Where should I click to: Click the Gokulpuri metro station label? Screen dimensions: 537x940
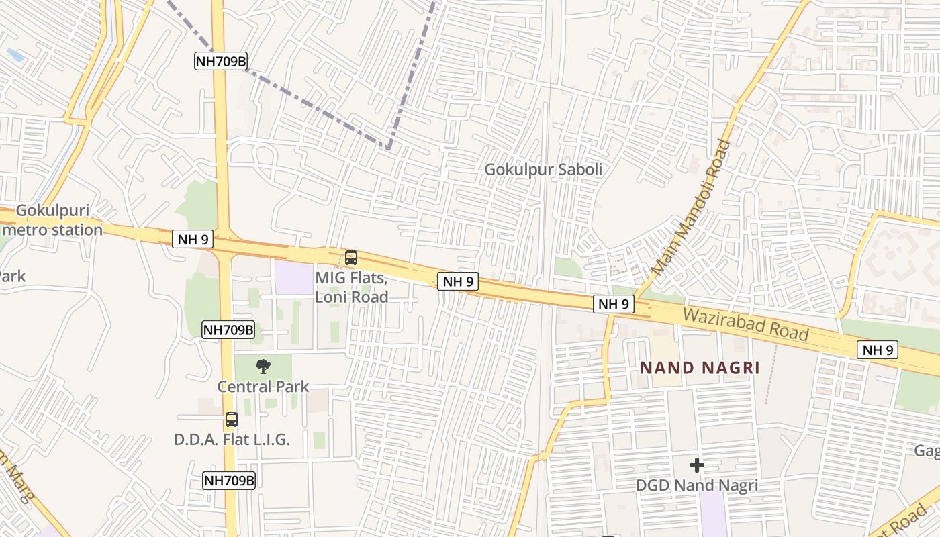[52, 220]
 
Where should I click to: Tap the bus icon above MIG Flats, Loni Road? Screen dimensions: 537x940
[350, 258]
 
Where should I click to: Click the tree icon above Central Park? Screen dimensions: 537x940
[263, 367]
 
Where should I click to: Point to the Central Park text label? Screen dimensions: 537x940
[263, 387]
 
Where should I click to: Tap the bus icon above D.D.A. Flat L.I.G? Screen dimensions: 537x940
[231, 420]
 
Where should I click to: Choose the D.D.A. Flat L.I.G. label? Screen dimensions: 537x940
[232, 440]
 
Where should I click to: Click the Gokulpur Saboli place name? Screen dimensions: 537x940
[544, 170]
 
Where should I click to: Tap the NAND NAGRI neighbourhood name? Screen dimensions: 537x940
[700, 368]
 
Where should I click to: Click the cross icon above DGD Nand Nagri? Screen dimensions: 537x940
[697, 465]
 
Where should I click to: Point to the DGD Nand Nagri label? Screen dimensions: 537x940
[697, 485]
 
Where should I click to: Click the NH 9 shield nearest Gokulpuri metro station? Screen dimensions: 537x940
[193, 239]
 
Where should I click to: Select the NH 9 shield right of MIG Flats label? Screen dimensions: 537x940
[459, 281]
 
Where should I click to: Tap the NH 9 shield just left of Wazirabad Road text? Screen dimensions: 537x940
[614, 304]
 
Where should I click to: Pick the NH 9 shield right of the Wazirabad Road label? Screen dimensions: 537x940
[878, 350]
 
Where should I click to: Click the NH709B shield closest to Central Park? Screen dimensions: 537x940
[228, 330]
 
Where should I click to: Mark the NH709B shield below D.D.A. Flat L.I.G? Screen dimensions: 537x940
[229, 481]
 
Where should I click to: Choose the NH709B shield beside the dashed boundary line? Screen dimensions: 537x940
[221, 62]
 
